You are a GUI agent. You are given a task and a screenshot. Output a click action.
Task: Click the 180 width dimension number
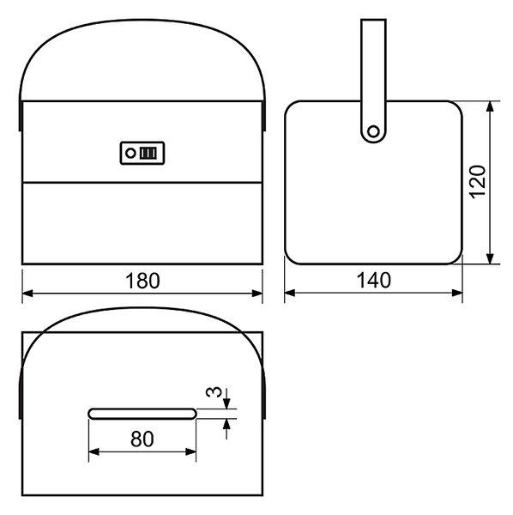coord(142,281)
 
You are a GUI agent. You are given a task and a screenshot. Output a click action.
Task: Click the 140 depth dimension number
coord(373,280)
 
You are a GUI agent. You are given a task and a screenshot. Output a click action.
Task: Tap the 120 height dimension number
coord(478,182)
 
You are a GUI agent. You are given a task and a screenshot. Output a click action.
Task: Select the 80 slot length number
coord(142,439)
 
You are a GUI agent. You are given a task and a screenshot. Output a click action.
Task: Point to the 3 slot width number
coord(214,392)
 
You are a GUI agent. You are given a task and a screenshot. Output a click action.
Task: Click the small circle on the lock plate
coord(130,153)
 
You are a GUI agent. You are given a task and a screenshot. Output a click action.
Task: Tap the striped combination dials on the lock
coord(148,153)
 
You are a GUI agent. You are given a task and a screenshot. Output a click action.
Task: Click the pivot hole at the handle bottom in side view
coord(373,131)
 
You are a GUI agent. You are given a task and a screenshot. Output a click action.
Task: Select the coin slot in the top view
coord(142,414)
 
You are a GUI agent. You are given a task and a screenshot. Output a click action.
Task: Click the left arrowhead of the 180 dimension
coord(27,294)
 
